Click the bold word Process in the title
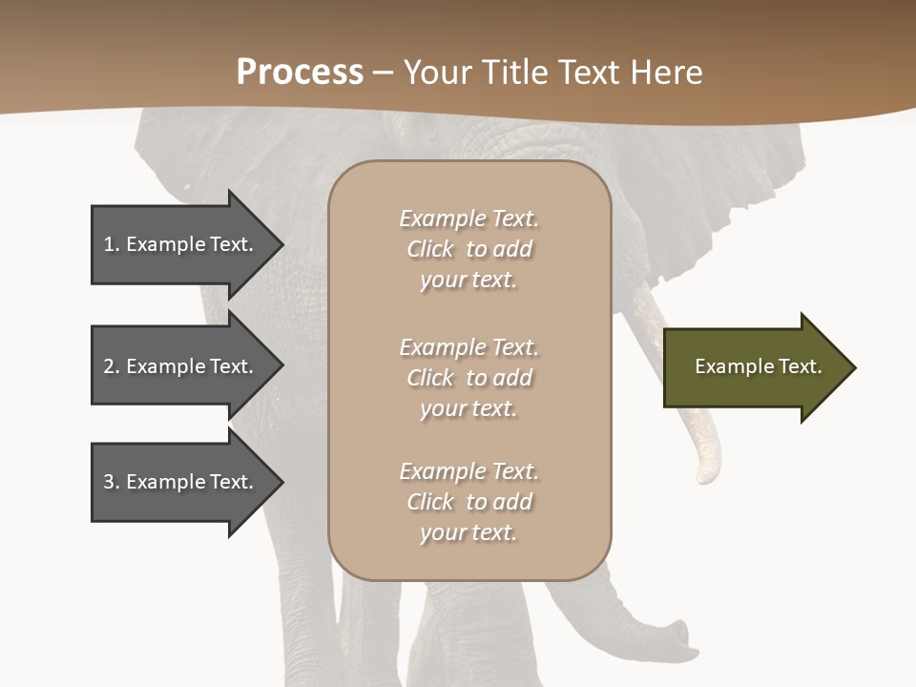[300, 73]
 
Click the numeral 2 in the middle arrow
[109, 366]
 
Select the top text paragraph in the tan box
[468, 249]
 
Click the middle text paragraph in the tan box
[468, 378]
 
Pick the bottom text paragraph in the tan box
[468, 502]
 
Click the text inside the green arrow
[758, 366]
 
